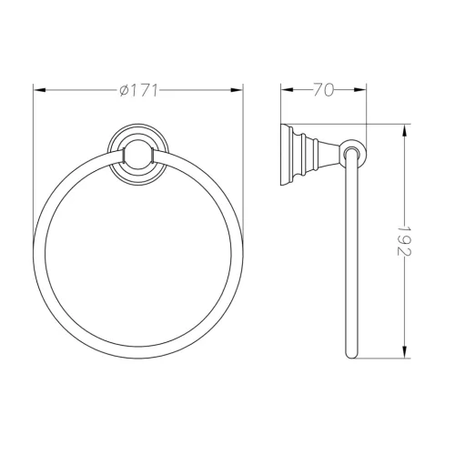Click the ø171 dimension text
tap(138, 89)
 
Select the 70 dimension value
tap(321, 89)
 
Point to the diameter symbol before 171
tap(123, 89)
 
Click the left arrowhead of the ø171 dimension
tap(38, 89)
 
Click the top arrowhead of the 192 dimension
tap(404, 126)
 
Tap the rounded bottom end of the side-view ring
tap(352, 356)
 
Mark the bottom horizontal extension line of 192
tap(382, 360)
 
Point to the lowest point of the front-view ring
tap(139, 359)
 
